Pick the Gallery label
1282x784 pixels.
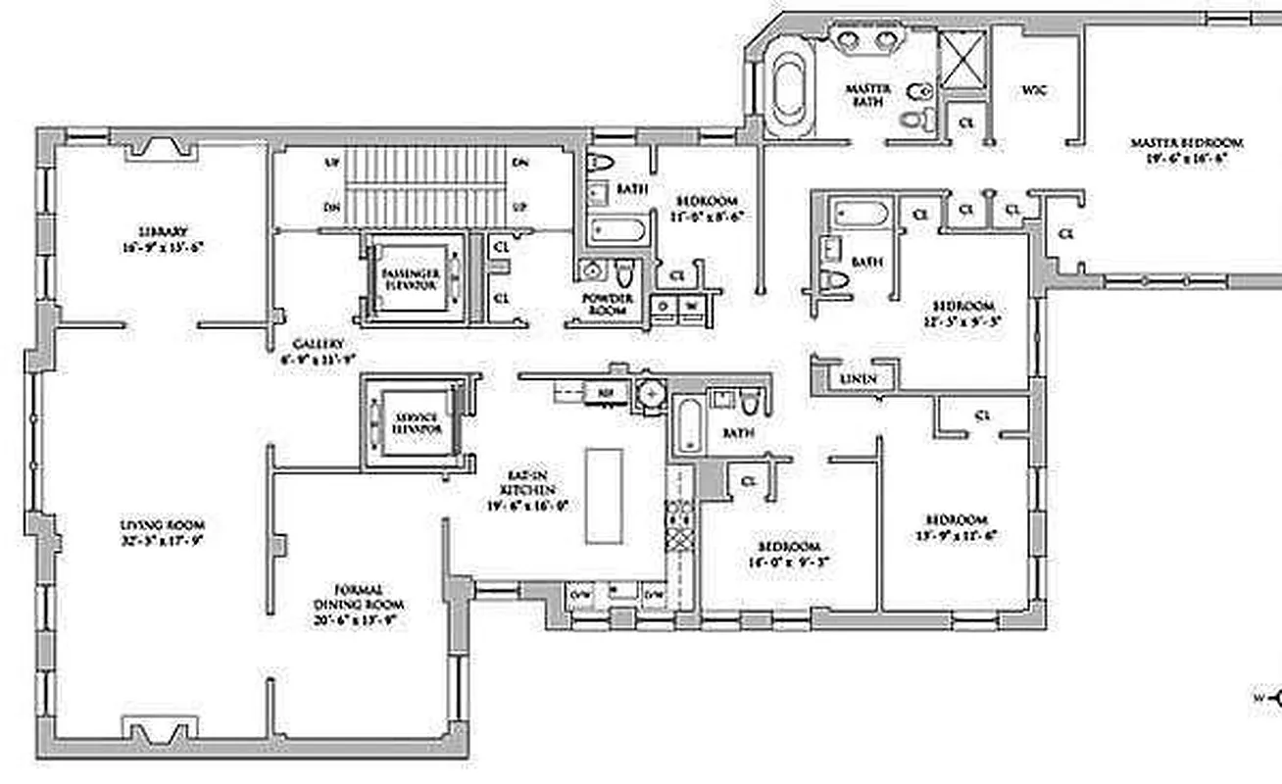[x=319, y=344]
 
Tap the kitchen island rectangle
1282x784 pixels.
[x=604, y=495]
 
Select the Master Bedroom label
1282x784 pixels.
[x=1186, y=143]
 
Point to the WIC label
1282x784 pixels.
[x=1035, y=89]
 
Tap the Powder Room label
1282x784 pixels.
[x=608, y=304]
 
